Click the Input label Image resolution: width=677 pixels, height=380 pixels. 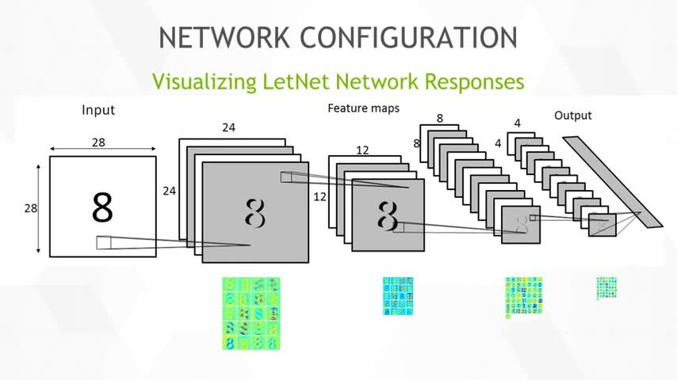pyautogui.click(x=98, y=110)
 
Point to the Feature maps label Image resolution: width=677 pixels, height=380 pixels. pyautogui.click(x=364, y=107)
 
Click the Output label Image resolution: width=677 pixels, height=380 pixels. pyautogui.click(x=572, y=116)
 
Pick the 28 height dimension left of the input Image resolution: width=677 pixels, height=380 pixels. pyautogui.click(x=29, y=207)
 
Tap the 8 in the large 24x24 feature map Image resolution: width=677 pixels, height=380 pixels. pyautogui.click(x=254, y=212)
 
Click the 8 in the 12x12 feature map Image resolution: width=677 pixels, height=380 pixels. pyautogui.click(x=387, y=215)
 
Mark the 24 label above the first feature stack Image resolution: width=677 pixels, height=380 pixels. pyautogui.click(x=228, y=127)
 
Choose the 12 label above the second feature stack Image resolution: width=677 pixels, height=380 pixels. pyautogui.click(x=362, y=149)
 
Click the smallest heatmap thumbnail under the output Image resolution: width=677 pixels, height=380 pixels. pyautogui.click(x=606, y=287)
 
